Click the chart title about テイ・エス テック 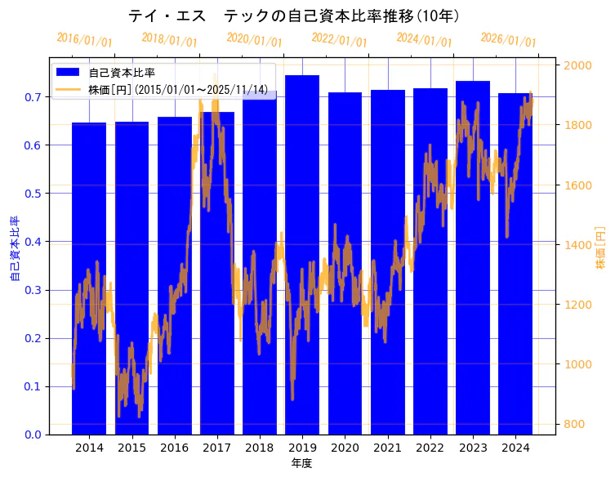point(294,16)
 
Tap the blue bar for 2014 point(89,278)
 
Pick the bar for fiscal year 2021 point(387,261)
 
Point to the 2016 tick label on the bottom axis point(174,448)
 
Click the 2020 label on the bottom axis point(345,448)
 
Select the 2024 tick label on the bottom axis point(515,448)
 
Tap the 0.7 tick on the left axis point(32,97)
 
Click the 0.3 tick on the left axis point(32,290)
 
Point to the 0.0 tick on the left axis point(32,435)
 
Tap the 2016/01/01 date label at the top point(85,40)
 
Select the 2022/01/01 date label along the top point(340,40)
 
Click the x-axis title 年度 point(301,463)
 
